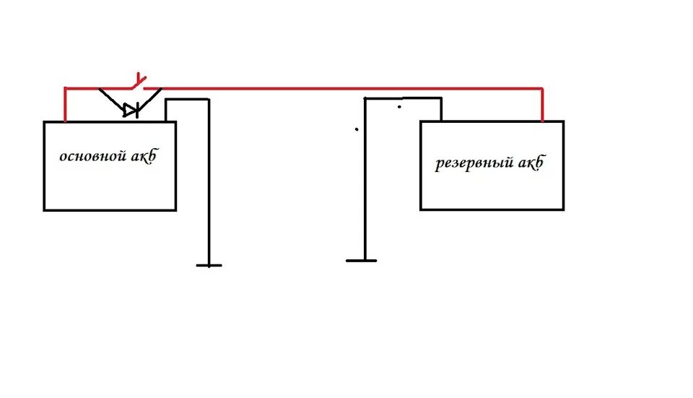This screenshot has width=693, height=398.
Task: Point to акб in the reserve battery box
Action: [530, 163]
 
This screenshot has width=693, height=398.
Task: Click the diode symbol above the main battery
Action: [129, 110]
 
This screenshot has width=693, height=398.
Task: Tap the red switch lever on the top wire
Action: [139, 79]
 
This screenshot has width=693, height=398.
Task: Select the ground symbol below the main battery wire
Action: [209, 265]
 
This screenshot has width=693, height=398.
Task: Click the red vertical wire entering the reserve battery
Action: [542, 105]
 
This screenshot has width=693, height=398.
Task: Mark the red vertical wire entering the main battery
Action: [66, 105]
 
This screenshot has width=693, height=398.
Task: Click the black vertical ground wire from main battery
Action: [209, 181]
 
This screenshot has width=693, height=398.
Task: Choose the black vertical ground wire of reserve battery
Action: [365, 181]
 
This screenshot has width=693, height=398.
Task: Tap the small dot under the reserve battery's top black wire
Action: [399, 108]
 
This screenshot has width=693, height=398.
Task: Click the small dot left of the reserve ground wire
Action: [356, 130]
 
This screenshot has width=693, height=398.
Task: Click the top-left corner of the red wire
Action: [66, 88]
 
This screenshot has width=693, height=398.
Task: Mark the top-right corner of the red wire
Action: [542, 88]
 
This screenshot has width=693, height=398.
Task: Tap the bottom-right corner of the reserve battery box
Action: [563, 209]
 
